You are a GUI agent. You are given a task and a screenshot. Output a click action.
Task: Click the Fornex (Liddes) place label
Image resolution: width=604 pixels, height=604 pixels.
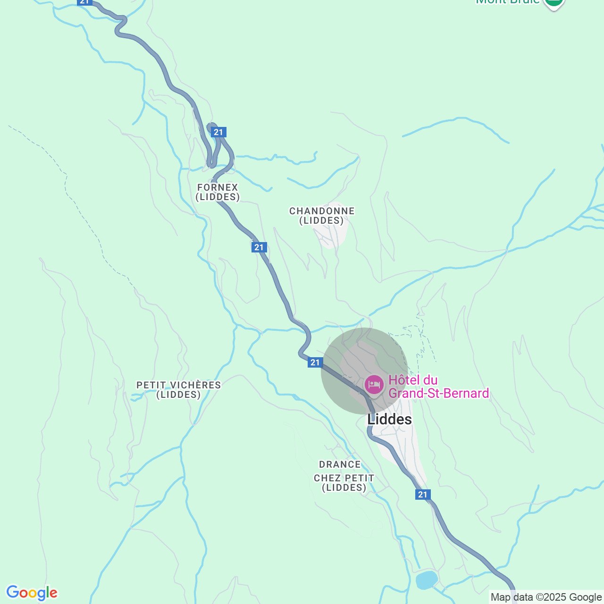point(218,192)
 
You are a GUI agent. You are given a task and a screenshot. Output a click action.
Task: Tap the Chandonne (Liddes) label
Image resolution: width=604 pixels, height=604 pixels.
point(322,216)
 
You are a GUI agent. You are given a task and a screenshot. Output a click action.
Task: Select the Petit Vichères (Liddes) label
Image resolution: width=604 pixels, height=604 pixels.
point(179,390)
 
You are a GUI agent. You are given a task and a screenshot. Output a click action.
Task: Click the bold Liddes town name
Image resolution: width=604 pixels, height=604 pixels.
point(389,419)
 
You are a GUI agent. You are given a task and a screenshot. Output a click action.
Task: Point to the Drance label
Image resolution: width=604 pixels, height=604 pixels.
point(340,464)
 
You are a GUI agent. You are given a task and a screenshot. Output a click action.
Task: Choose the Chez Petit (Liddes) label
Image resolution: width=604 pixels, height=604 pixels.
point(344,483)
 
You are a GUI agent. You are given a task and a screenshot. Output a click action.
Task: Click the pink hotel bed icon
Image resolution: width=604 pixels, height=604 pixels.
point(374,385)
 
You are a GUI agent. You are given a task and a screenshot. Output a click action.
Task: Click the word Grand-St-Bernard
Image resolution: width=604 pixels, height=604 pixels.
point(439,394)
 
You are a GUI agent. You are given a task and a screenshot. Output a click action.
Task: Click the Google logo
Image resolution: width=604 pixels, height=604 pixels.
point(32,593)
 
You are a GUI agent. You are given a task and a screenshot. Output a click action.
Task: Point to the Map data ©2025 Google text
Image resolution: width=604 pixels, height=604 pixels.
point(546,597)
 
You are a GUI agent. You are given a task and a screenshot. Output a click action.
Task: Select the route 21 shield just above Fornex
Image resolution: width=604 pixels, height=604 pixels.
point(218,132)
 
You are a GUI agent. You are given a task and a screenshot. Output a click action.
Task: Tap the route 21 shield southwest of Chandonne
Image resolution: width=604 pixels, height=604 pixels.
point(259,247)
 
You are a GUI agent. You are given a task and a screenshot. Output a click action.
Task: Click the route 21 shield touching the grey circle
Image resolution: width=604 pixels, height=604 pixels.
point(315,362)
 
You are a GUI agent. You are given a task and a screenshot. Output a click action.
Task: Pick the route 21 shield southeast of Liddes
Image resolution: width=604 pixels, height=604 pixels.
point(423,495)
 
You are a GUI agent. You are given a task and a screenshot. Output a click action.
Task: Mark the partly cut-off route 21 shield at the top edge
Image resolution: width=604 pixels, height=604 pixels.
point(84,2)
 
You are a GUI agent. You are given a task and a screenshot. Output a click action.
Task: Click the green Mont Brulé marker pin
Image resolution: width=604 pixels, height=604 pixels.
point(554,3)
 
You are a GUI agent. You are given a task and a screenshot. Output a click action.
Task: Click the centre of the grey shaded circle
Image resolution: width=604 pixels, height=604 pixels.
point(364,371)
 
